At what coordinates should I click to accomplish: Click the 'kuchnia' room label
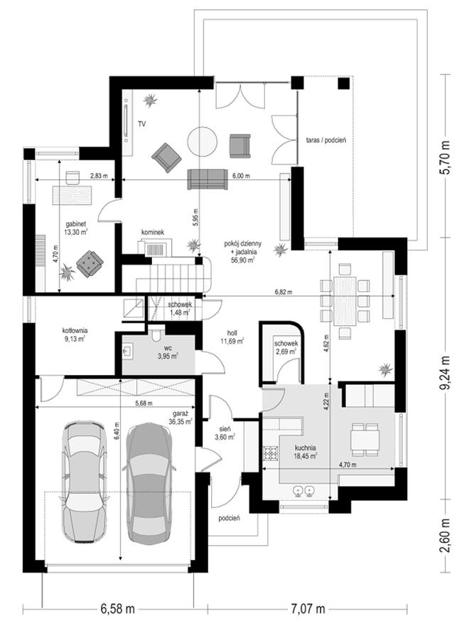pyautogui.click(x=306, y=447)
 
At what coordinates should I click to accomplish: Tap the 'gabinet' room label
pyautogui.click(x=76, y=224)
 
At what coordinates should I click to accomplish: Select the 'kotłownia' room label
pyautogui.click(x=75, y=331)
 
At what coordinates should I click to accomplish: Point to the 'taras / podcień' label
pyautogui.click(x=327, y=140)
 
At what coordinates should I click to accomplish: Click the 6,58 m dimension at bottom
pyautogui.click(x=117, y=609)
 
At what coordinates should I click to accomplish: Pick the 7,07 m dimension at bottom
pyautogui.click(x=307, y=609)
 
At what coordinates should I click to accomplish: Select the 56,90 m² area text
pyautogui.click(x=242, y=260)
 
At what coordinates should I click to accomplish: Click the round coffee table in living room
pyautogui.click(x=203, y=142)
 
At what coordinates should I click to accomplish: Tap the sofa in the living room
pyautogui.click(x=207, y=179)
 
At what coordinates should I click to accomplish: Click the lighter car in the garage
pyautogui.click(x=85, y=482)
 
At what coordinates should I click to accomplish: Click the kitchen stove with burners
pyautogui.click(x=270, y=453)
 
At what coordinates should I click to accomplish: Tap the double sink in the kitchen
pyautogui.click(x=303, y=492)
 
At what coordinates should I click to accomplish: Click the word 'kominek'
pyautogui.click(x=153, y=232)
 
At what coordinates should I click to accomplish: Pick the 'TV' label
pyautogui.click(x=141, y=125)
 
